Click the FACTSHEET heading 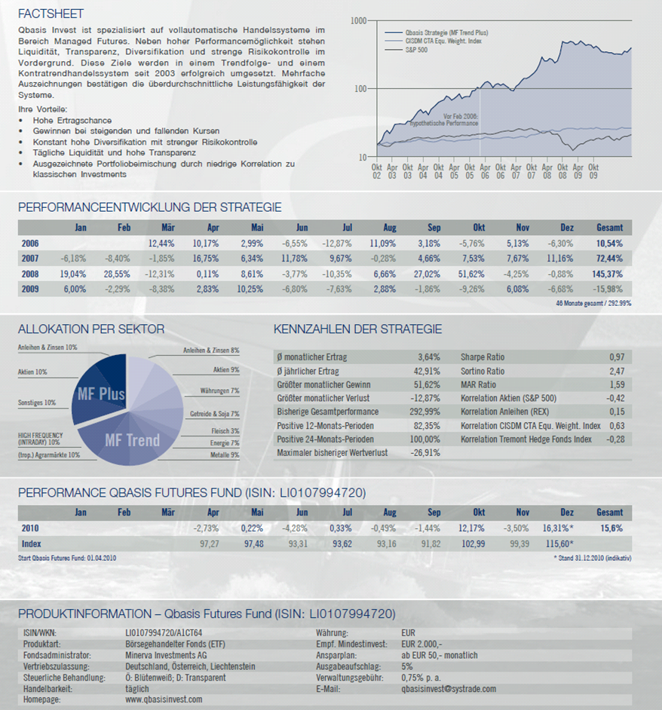click(x=51, y=14)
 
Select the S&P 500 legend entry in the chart click(x=417, y=50)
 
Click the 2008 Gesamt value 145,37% click(x=608, y=274)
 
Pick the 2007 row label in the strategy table click(x=29, y=259)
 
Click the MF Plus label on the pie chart click(x=101, y=393)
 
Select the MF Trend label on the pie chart click(x=132, y=439)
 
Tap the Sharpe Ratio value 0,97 click(x=616, y=357)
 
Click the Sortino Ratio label click(x=483, y=371)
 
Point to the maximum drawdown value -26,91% click(x=423, y=453)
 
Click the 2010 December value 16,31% click(x=556, y=528)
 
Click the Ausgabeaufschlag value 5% click(x=407, y=666)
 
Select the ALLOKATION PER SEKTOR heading click(x=91, y=329)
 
